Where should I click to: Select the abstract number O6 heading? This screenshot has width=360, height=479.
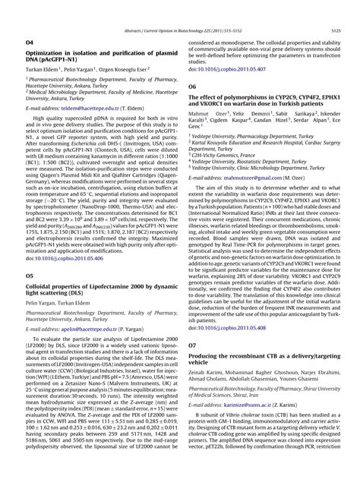(191, 87)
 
